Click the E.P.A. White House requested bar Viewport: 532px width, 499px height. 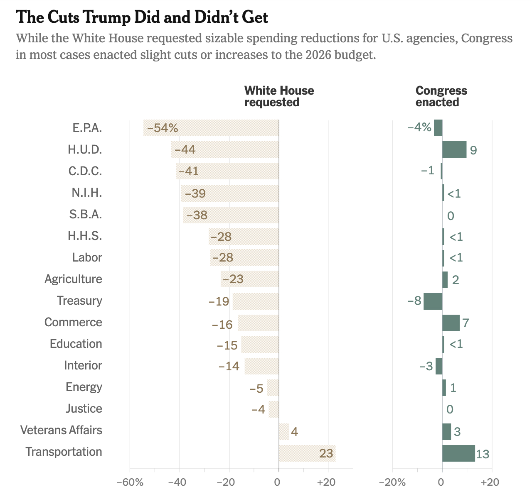[211, 128]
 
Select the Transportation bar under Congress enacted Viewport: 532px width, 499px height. [458, 453]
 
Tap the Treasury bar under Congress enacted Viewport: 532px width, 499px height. [433, 301]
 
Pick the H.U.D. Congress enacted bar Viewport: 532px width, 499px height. [454, 149]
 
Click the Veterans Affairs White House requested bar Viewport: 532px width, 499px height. [284, 432]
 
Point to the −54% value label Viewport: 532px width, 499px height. [163, 128]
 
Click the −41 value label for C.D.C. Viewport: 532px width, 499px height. [188, 171]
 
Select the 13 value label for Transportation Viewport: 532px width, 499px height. [483, 454]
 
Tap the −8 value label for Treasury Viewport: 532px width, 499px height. [415, 301]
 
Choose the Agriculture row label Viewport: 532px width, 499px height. [73, 279]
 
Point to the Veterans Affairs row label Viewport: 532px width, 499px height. [61, 430]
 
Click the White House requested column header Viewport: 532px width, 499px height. [279, 96]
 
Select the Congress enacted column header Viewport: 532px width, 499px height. [441, 96]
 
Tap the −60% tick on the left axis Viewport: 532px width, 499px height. [130, 482]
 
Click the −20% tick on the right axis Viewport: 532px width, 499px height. [392, 482]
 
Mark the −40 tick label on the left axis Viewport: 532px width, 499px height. [180, 482]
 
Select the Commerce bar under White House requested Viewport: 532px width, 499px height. [258, 323]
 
